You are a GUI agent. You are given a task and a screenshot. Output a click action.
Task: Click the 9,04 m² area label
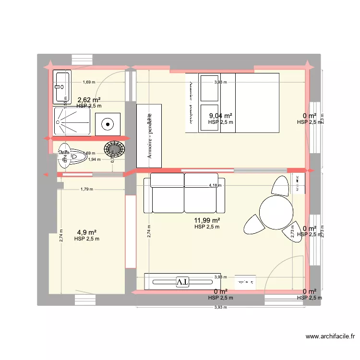[x=221, y=116]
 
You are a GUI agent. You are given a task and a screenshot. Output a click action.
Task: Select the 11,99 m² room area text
[x=206, y=220]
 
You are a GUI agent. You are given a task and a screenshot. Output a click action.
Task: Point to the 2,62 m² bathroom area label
[x=89, y=100]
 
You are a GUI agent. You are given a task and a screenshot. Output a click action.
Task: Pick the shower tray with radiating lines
[x=72, y=121]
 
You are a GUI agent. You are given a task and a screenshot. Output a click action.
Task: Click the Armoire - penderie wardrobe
[x=150, y=135]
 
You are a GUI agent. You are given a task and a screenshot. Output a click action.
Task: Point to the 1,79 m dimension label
[x=87, y=189]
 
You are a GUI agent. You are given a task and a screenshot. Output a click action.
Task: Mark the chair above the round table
[x=280, y=185]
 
